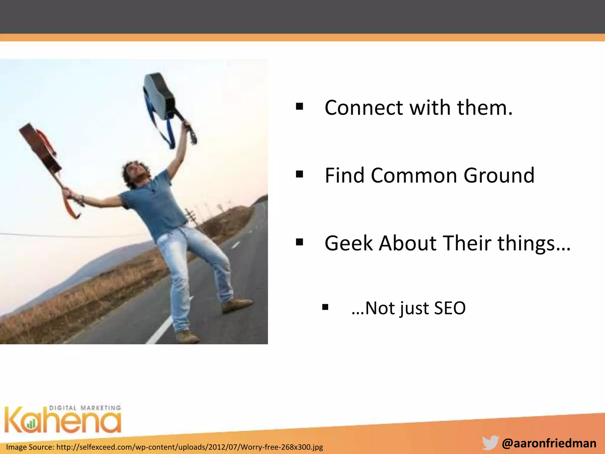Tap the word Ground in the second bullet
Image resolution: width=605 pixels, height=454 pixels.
point(499,176)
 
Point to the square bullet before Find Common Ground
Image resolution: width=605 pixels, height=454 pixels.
point(300,174)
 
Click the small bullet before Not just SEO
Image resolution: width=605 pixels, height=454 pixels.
point(325,307)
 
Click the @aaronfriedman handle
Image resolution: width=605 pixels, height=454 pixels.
point(549,443)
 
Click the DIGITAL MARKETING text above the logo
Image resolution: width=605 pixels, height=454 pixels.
point(85,408)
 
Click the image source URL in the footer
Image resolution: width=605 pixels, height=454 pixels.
point(165,447)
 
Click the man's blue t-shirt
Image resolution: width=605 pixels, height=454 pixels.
point(154,204)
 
